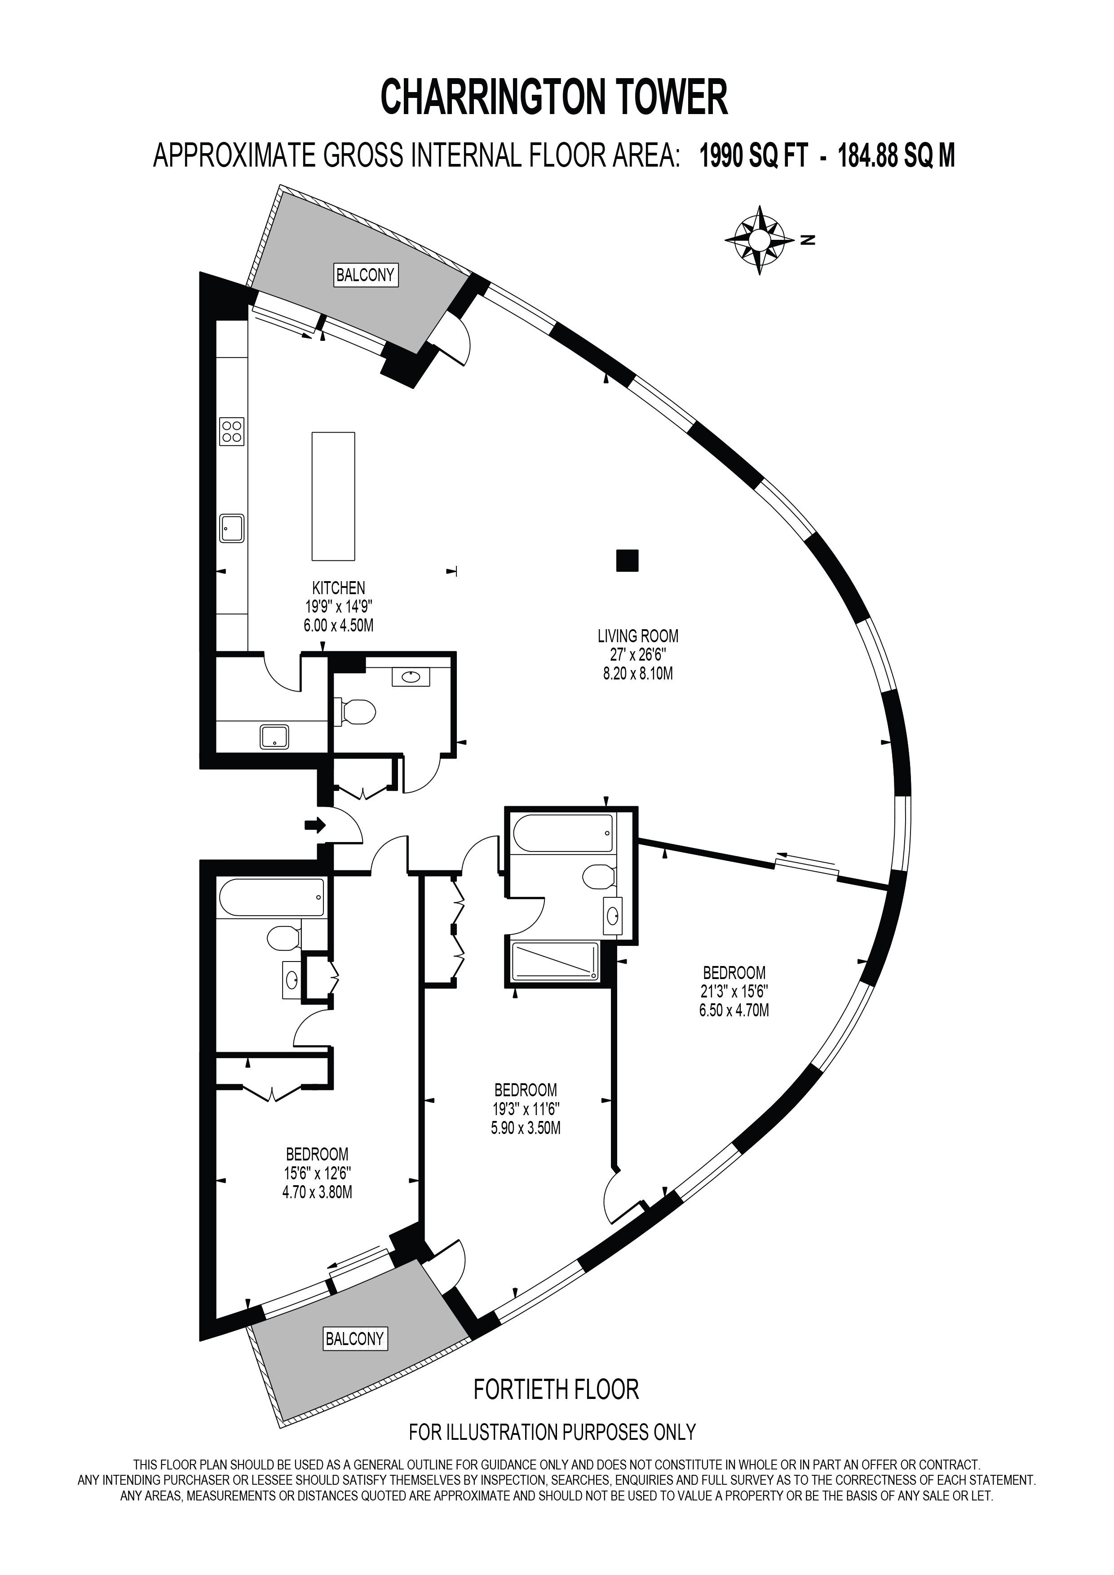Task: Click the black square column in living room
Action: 627,560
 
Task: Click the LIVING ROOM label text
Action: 638,636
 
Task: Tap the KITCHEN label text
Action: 339,588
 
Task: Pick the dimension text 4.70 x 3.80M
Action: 317,1192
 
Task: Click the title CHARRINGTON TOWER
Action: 554,97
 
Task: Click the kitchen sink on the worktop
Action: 232,528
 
